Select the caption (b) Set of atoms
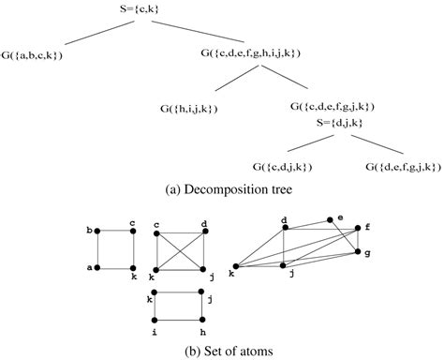[x=221, y=352]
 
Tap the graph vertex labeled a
[x=100, y=267]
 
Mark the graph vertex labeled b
[x=100, y=230]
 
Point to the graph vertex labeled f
[x=358, y=228]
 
